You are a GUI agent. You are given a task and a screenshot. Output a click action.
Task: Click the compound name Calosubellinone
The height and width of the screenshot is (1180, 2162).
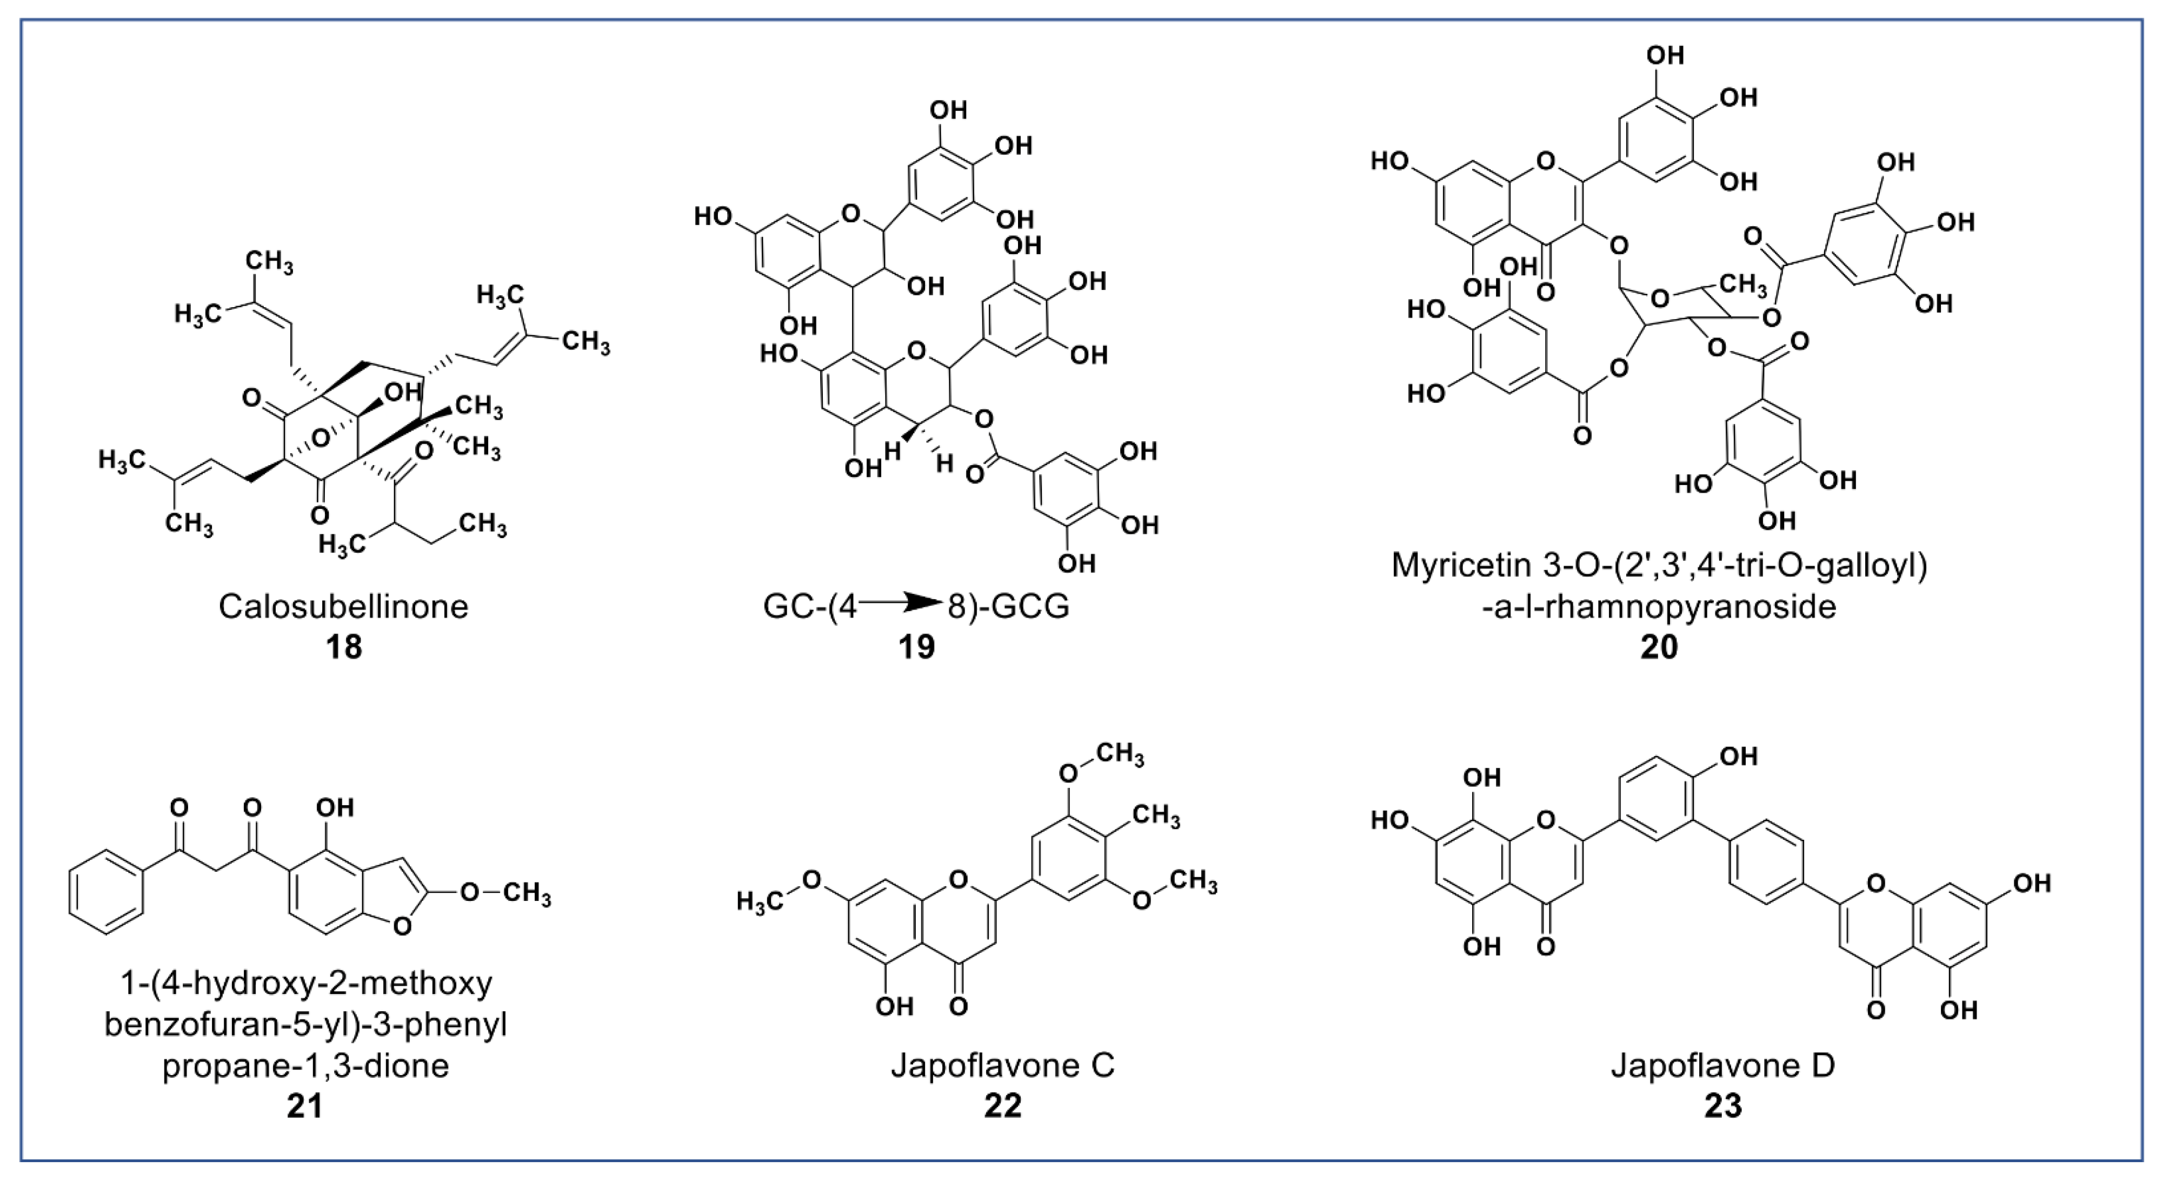tap(343, 606)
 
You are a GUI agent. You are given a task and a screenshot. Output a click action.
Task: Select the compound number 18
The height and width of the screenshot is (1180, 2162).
tap(343, 647)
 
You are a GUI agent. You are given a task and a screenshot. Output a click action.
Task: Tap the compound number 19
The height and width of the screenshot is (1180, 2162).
tap(916, 647)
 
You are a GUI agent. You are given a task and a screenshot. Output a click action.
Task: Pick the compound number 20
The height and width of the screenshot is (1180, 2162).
tap(1659, 647)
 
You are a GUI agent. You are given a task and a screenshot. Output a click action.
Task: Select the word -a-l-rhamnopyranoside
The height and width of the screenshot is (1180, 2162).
tap(1659, 606)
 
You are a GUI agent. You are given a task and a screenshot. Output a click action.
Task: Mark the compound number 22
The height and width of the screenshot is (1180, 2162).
tap(1003, 1106)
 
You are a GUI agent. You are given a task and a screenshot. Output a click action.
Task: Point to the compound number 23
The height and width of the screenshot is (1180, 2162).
tap(1722, 1106)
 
